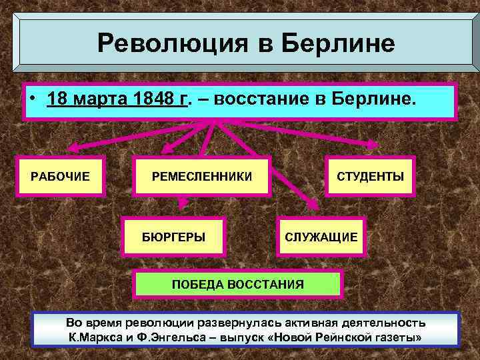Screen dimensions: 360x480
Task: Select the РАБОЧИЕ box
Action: click(x=61, y=177)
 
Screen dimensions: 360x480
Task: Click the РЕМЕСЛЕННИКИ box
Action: click(x=202, y=177)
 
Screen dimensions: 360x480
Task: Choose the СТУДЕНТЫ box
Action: click(x=370, y=177)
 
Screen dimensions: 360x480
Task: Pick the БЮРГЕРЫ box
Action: click(x=174, y=237)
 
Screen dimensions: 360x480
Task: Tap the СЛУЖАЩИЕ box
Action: click(x=321, y=237)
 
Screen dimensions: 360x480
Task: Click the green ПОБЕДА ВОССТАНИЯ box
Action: click(x=238, y=284)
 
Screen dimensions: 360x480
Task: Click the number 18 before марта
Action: click(x=58, y=100)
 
